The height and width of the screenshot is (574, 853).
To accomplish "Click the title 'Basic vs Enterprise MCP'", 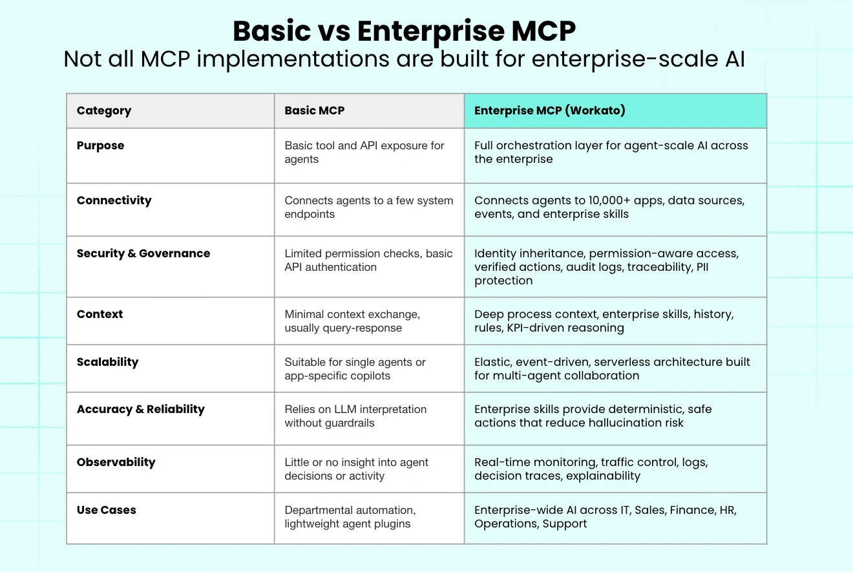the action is pyautogui.click(x=404, y=31).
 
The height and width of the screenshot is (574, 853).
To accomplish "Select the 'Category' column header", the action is pyautogui.click(x=104, y=111).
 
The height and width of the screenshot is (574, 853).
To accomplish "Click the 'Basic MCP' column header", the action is pyautogui.click(x=315, y=111).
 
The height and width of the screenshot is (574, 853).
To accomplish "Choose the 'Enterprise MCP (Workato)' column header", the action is pyautogui.click(x=549, y=111).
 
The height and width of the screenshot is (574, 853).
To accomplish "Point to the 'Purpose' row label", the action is pyautogui.click(x=101, y=146).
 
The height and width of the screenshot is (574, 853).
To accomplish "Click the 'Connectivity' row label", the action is pyautogui.click(x=114, y=200).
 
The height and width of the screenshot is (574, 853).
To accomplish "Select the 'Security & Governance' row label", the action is pyautogui.click(x=143, y=253).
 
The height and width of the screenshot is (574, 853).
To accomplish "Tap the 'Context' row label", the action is pyautogui.click(x=100, y=314).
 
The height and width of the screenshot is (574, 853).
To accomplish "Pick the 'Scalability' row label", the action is pyautogui.click(x=107, y=362).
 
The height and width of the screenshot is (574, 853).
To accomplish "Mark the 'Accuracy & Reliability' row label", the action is pyautogui.click(x=140, y=409).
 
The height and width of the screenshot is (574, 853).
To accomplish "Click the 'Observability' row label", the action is pyautogui.click(x=116, y=462).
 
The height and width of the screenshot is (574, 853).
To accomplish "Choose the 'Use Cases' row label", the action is pyautogui.click(x=106, y=510).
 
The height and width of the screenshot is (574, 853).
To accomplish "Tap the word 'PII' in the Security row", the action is pyautogui.click(x=702, y=267).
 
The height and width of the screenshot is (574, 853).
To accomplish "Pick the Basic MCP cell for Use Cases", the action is pyautogui.click(x=369, y=518).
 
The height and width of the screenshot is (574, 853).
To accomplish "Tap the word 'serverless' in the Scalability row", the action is pyautogui.click(x=622, y=362).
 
